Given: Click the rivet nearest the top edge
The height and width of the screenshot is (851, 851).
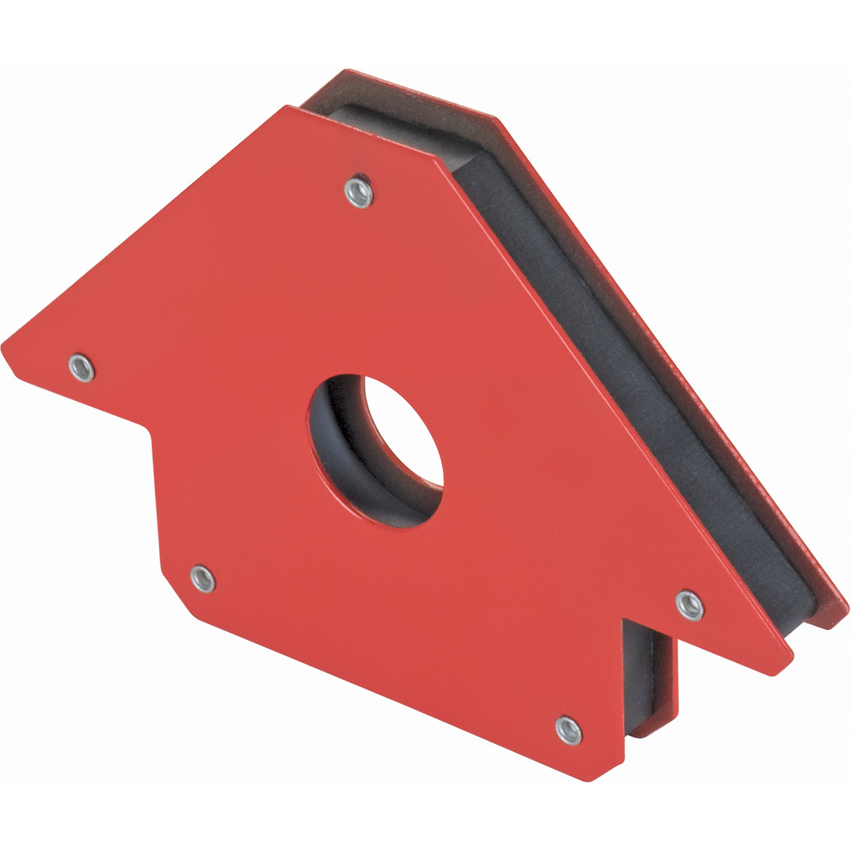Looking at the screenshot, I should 358,191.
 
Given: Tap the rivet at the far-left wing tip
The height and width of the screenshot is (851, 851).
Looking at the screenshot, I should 82,367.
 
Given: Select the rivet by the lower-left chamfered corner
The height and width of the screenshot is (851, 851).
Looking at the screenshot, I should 203,578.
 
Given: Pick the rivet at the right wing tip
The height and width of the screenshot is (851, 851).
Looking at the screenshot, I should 690,604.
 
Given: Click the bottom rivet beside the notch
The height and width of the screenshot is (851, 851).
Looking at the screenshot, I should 569,730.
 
